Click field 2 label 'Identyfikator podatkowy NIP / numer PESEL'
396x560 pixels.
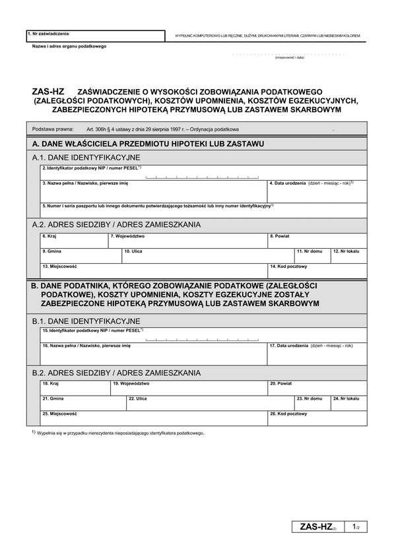(92, 169)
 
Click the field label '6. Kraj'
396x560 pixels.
(49, 235)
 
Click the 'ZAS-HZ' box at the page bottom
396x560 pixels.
(318, 526)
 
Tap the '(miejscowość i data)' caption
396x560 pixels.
(289, 57)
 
